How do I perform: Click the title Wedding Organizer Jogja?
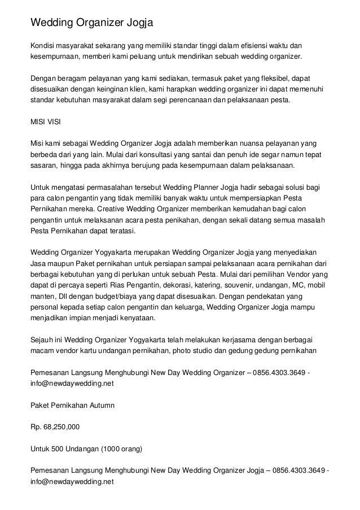pyautogui.click(x=91, y=23)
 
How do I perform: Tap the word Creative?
pyautogui.click(x=72, y=208)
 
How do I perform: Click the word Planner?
pyautogui.click(x=201, y=185)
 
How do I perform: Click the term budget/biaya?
pyautogui.click(x=107, y=296)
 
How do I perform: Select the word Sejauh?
pyautogui.click(x=43, y=340)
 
